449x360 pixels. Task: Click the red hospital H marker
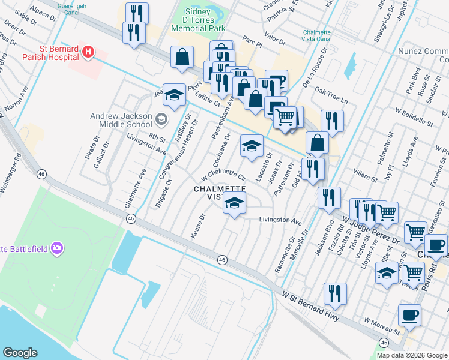[x=88, y=52]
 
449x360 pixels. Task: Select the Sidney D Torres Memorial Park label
[x=198, y=20]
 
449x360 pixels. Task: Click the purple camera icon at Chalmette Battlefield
[x=57, y=247]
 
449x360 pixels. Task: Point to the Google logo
[x=20, y=353]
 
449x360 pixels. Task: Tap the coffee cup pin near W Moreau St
[x=409, y=316]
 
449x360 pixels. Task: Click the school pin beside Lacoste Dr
[x=252, y=146]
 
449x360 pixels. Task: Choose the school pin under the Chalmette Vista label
[x=234, y=203]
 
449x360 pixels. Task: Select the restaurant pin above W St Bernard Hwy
[x=335, y=293]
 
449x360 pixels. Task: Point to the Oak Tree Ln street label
[x=331, y=96]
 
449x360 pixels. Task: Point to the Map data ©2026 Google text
[x=412, y=355]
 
